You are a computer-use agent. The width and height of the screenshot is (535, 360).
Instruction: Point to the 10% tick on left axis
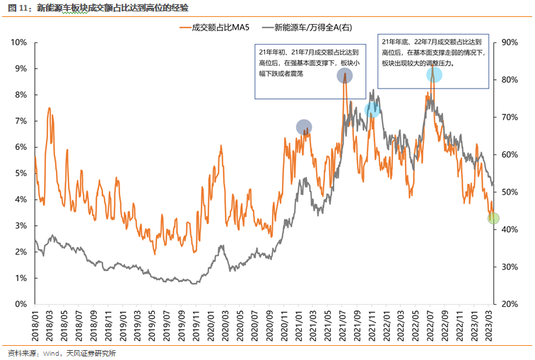point(19,42)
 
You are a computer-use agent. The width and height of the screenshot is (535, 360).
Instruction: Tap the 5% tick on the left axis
point(21,173)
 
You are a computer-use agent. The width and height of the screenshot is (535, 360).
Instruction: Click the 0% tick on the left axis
point(21,304)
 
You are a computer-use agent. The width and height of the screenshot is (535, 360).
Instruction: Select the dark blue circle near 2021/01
point(304,127)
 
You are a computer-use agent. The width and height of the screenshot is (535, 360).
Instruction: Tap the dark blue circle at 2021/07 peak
point(344,75)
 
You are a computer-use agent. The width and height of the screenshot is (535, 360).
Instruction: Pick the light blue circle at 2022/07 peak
point(434,74)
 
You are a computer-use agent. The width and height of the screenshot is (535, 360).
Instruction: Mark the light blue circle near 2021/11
point(372,110)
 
